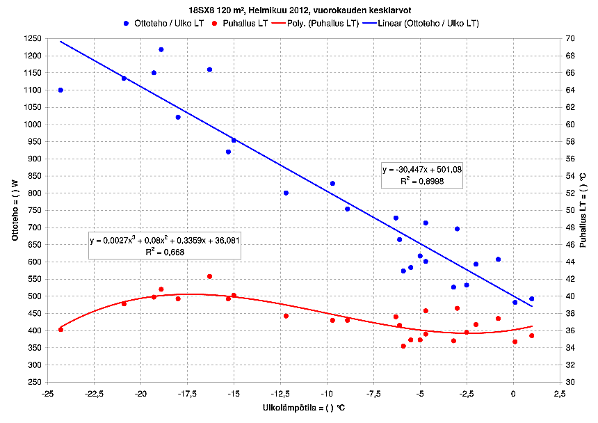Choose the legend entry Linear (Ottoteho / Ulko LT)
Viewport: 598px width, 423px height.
(x=428, y=24)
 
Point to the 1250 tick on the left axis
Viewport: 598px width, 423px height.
(x=31, y=38)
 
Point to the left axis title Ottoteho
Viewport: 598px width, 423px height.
(x=14, y=210)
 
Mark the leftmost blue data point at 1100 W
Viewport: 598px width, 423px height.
(x=60, y=90)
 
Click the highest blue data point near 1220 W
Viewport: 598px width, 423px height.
(x=161, y=49)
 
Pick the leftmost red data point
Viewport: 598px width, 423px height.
(x=60, y=330)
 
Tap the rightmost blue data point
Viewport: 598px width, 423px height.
(x=532, y=299)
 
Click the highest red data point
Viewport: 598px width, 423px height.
(x=209, y=276)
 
